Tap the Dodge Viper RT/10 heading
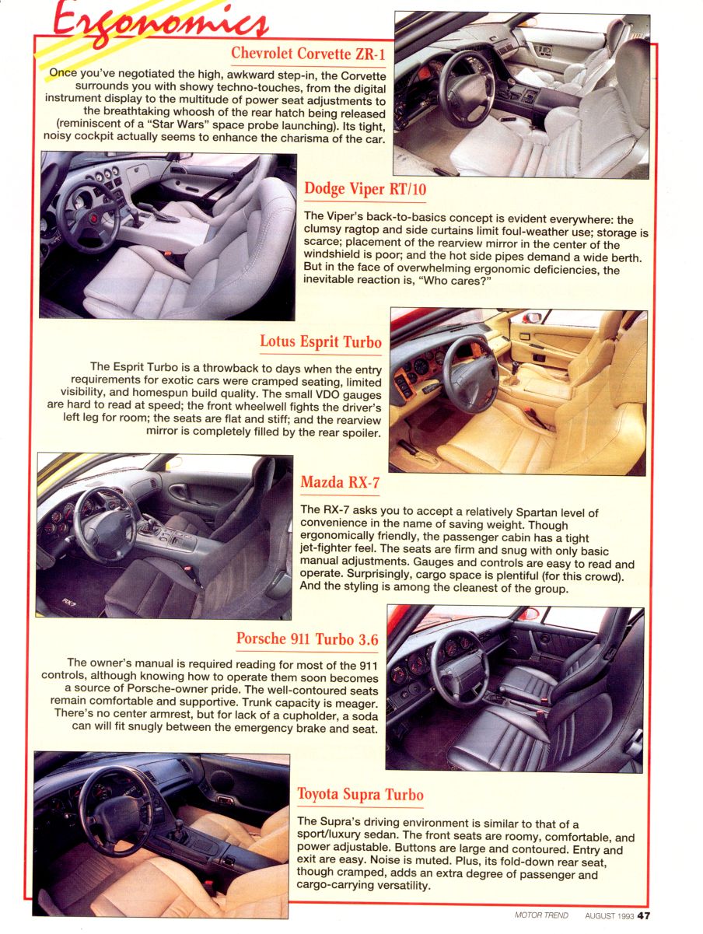coord(365,189)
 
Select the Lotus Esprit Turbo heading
coord(320,342)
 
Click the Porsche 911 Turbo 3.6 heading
coord(307,639)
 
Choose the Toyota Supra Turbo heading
coord(360,794)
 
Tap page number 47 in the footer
coord(644,915)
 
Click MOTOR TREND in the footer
coord(541,915)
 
